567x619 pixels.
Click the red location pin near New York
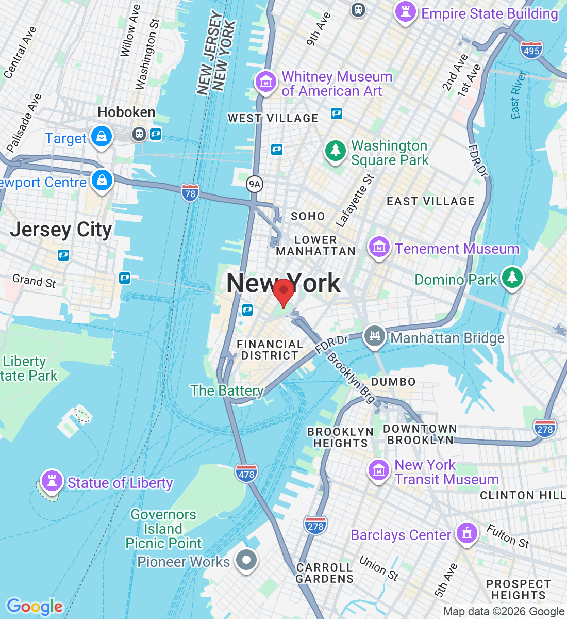[283, 292]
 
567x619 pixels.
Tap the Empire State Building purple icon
[405, 11]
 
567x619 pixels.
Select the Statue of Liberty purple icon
[52, 481]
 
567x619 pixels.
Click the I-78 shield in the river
[190, 193]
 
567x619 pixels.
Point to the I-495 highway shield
[531, 51]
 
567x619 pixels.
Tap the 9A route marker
[254, 184]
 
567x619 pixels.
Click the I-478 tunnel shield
[246, 474]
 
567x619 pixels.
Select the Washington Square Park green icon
[335, 151]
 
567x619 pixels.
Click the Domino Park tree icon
[512, 278]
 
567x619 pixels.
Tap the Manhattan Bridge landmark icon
[375, 336]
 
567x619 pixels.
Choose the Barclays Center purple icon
[467, 533]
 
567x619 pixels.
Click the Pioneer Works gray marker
[246, 560]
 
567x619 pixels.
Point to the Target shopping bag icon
[102, 137]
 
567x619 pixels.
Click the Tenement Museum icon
[379, 247]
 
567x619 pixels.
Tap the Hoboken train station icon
[139, 134]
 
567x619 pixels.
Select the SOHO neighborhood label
[308, 216]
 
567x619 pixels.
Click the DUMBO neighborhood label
[393, 382]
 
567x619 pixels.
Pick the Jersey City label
[61, 230]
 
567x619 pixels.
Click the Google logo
[35, 607]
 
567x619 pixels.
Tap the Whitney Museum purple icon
[266, 82]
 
